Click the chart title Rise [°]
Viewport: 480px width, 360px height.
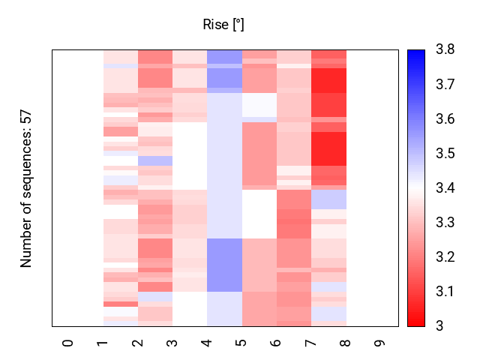coord(223,25)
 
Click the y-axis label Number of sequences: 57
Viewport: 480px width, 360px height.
coord(26,188)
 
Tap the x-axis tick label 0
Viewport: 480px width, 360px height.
coord(68,342)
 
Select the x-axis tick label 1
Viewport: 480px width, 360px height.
coord(103,342)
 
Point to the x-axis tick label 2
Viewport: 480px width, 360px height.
coord(137,342)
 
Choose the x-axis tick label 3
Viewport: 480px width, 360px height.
coord(172,342)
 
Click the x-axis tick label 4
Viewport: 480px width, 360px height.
coord(207,342)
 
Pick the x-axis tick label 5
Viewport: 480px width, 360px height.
coord(241,342)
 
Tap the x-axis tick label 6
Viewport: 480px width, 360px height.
coord(276,342)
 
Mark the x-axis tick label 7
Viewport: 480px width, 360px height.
coord(310,342)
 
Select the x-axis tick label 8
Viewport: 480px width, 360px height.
coord(346,342)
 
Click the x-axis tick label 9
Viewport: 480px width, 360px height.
coord(380,342)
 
